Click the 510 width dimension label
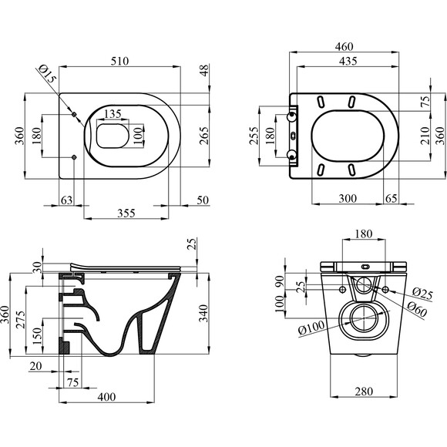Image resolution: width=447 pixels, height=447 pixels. coord(119,61)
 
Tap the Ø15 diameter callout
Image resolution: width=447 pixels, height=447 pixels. coord(47,73)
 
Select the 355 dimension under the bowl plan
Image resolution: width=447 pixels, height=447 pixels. coord(126,213)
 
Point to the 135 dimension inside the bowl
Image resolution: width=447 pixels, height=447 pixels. coord(113,114)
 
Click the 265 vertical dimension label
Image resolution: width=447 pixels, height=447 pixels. coord(203,136)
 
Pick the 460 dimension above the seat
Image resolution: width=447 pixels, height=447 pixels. coord(344,46)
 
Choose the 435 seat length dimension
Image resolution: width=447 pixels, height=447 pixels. coord(348,61)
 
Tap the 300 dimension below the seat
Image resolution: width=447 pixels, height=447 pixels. coord(348,198)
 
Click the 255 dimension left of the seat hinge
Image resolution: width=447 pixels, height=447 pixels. coord(254,136)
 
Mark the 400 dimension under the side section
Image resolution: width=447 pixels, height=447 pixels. coord(106,397)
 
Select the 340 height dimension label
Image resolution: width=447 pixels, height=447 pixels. coord(203,314)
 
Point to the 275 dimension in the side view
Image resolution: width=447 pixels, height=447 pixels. coord(20,320)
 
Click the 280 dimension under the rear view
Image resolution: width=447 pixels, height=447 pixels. coord(364,392)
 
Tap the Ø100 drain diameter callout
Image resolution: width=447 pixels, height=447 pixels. coord(311,328)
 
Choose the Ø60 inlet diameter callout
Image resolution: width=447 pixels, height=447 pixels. coord(417,309)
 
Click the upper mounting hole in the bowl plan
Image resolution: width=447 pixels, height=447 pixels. coord(74,114)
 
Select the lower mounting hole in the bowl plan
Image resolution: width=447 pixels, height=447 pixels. coord(74,157)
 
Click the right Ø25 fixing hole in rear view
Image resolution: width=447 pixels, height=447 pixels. coord(385,290)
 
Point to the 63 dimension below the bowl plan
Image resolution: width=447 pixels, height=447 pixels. coord(67,200)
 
